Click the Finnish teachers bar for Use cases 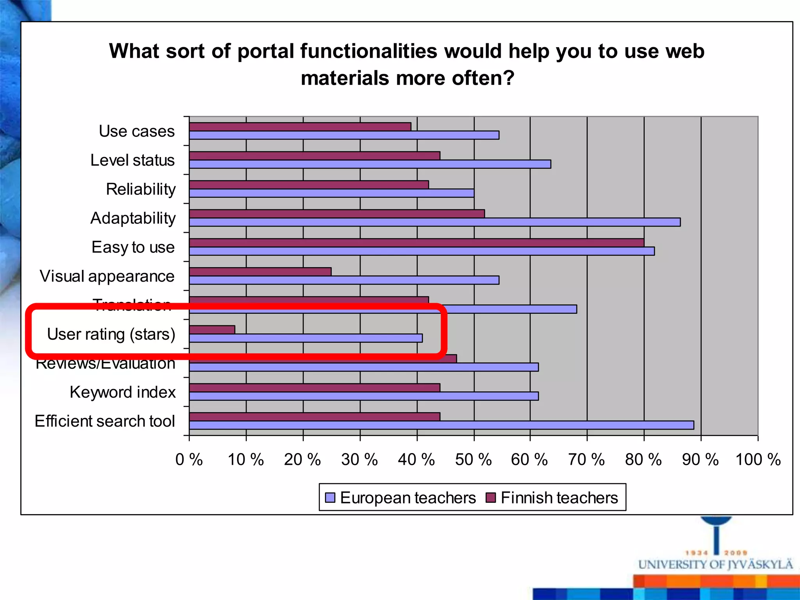coord(300,127)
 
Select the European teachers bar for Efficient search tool coord(441,425)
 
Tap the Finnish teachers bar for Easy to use coord(416,243)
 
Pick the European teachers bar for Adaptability coord(435,222)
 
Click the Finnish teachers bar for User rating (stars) coord(212,330)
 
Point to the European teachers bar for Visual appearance coord(344,280)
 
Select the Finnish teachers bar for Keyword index coord(314,387)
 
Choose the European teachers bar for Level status coord(370,164)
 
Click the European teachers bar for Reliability coord(332,193)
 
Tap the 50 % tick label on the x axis coord(473,460)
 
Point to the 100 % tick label coord(758,460)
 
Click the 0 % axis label coord(189,460)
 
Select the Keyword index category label coord(123,392)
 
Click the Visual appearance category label coord(107,276)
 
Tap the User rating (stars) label coord(111,334)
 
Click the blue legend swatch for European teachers coord(330,497)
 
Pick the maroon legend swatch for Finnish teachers coord(491,497)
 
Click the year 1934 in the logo coord(697,553)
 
